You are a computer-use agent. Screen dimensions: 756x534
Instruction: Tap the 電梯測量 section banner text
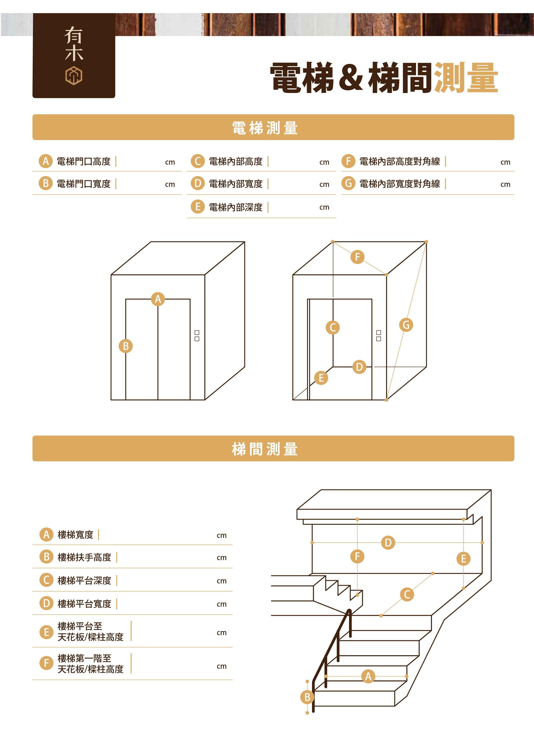[x=265, y=128]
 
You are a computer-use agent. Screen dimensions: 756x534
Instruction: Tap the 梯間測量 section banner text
[x=265, y=449]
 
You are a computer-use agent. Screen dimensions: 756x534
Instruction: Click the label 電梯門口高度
[x=84, y=162]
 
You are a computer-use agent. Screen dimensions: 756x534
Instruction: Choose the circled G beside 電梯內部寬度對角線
[x=348, y=183]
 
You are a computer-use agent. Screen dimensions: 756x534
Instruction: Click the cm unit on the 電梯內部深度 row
[x=324, y=208]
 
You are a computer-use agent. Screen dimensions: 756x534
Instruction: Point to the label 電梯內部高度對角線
[x=399, y=162]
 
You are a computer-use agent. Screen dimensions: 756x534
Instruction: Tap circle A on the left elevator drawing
[x=158, y=299]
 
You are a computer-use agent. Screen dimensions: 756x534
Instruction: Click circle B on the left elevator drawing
[x=126, y=346]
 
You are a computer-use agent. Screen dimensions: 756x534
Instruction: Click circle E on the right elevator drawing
[x=321, y=378]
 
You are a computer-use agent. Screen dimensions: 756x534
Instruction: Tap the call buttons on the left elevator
[x=197, y=336]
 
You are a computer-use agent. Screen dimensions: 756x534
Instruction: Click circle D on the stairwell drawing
[x=388, y=542]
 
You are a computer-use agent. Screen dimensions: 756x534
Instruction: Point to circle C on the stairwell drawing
[x=407, y=594]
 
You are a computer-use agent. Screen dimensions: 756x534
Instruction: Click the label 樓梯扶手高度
[x=84, y=558]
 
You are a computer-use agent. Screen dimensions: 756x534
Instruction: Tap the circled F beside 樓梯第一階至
[x=46, y=663]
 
